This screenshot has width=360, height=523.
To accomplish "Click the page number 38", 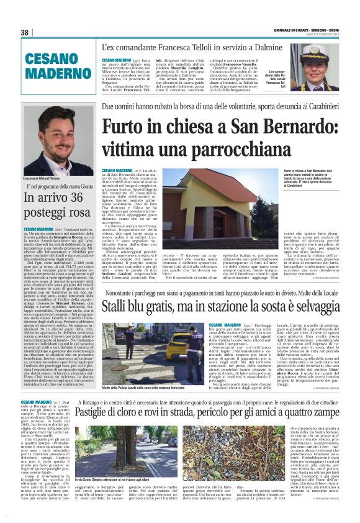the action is (x=25, y=32).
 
